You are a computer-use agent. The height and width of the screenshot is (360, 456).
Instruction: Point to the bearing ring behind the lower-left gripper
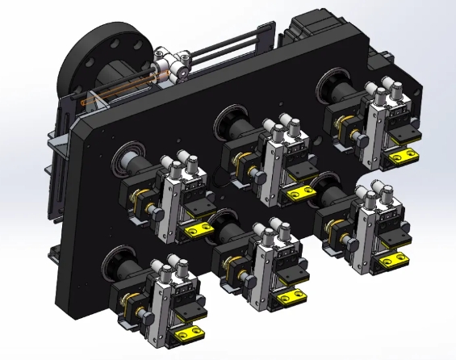(x=115, y=261)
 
